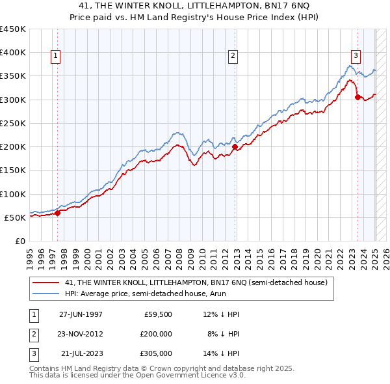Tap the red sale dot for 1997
(x=57, y=212)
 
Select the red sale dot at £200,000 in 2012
(x=235, y=146)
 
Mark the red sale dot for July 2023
(x=357, y=97)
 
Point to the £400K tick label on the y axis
(x=13, y=53)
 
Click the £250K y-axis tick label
(x=13, y=123)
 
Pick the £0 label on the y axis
(x=20, y=241)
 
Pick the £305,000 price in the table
(x=157, y=353)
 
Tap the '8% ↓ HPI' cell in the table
(x=224, y=334)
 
